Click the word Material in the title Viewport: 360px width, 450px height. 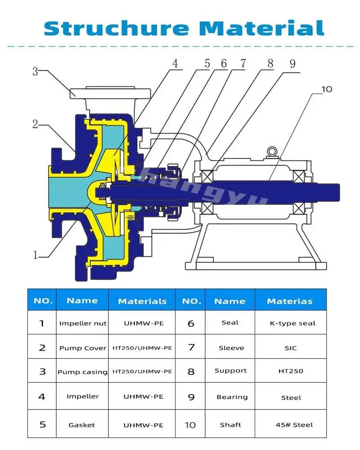[262, 27]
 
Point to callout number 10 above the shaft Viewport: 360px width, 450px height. [327, 89]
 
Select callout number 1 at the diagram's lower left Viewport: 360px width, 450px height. [36, 255]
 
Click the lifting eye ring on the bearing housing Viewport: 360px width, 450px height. [271, 151]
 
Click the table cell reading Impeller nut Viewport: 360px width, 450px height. [83, 323]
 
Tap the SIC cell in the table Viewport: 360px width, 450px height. [291, 348]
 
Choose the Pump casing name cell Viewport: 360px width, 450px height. [83, 372]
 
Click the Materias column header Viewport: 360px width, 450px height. [289, 301]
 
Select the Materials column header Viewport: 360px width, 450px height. [142, 301]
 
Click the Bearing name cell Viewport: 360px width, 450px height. [232, 397]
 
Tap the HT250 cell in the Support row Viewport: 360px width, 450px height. [290, 371]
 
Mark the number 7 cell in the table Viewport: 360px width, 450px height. [191, 347]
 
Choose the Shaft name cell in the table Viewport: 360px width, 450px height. [230, 425]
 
